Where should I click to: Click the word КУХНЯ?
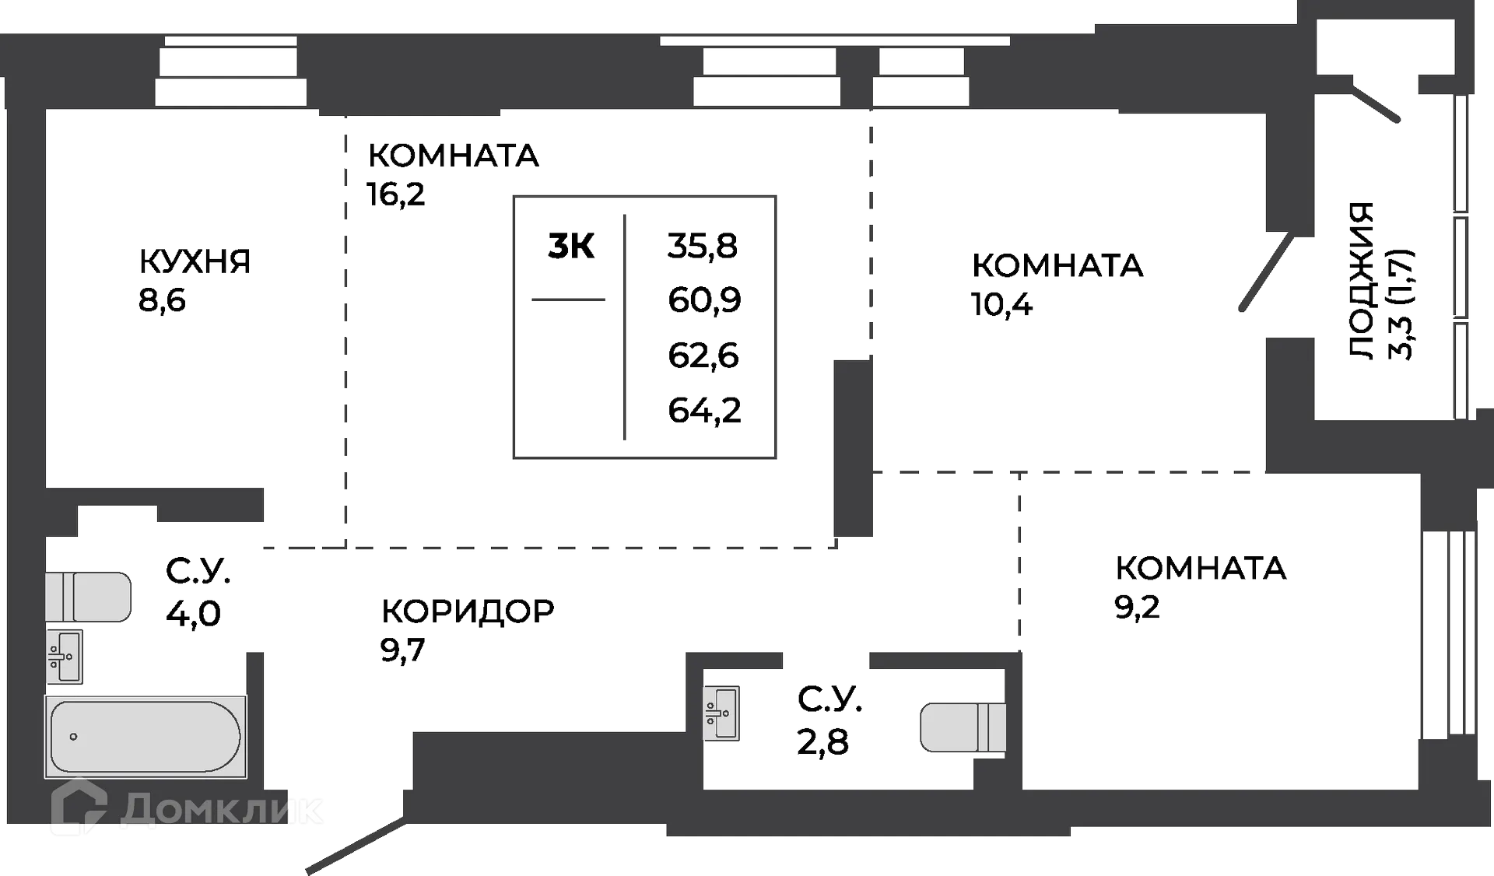point(194,262)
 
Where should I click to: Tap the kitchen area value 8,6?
point(162,300)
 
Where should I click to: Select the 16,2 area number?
point(395,194)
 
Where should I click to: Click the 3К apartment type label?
point(571,247)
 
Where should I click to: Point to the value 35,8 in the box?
point(703,246)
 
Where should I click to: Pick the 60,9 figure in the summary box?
point(703,300)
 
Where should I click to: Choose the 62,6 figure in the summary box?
point(703,356)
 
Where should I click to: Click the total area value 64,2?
point(703,410)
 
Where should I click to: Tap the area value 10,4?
point(1001,304)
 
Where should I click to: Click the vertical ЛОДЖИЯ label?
point(1361,280)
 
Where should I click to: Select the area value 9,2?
point(1137,607)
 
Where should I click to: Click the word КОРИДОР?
point(467,611)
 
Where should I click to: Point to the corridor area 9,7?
point(402,649)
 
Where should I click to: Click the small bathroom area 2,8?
point(822,741)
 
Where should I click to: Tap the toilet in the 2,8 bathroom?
point(962,728)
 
